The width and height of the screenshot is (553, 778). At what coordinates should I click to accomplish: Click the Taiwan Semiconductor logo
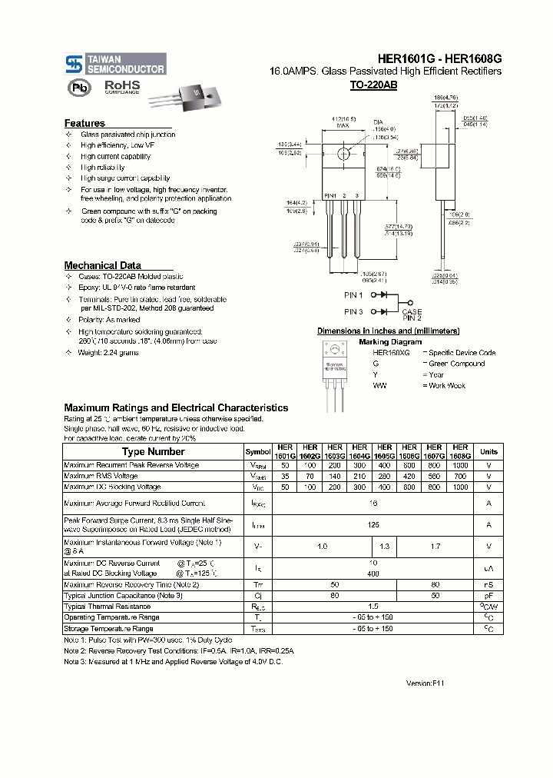tap(115, 64)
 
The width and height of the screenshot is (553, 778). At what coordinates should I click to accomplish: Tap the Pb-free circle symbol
tap(78, 88)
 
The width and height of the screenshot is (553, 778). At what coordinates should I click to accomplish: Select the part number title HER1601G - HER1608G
tap(439, 58)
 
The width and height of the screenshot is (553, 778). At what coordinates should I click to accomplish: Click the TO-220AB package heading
tap(373, 85)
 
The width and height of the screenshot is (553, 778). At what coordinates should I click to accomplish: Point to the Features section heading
tap(84, 123)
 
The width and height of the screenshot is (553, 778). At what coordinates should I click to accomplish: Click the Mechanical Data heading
tap(102, 265)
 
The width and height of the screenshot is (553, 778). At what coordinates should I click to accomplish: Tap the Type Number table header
tap(153, 452)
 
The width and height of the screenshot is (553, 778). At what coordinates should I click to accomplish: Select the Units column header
tap(488, 452)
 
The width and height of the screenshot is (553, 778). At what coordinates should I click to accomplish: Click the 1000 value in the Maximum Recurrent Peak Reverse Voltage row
tap(459, 466)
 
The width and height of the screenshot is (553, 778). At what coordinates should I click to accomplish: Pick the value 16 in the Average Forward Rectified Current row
tap(373, 504)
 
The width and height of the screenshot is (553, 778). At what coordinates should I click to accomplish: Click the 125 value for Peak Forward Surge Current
tap(373, 525)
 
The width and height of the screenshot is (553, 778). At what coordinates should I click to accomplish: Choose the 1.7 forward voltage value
tap(435, 547)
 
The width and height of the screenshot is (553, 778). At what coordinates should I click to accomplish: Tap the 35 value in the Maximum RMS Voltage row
tap(285, 477)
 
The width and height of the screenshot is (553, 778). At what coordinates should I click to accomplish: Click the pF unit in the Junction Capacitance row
tap(488, 596)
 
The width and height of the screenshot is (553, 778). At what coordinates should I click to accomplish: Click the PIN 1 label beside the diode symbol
tap(353, 294)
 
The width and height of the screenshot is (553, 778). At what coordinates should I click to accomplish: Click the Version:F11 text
tap(425, 683)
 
